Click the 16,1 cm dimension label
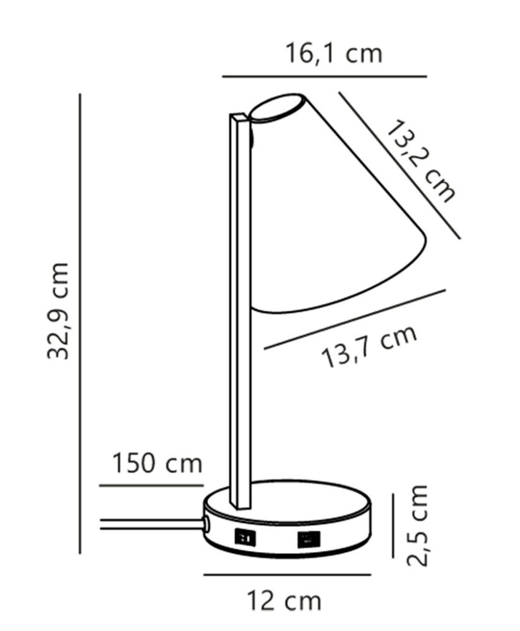coord(334,54)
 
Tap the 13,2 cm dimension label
coord(420,162)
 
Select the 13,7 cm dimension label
coord(370,346)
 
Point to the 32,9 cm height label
coord(59,310)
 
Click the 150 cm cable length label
coord(157,464)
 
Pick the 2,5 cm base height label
coord(417,525)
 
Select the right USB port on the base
coord(309,539)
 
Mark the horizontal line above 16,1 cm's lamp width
coord(324,76)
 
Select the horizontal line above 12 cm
coord(287,575)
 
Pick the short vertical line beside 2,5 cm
coord(393,526)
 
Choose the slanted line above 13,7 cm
coord(355,319)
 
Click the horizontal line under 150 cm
coord(151,486)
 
